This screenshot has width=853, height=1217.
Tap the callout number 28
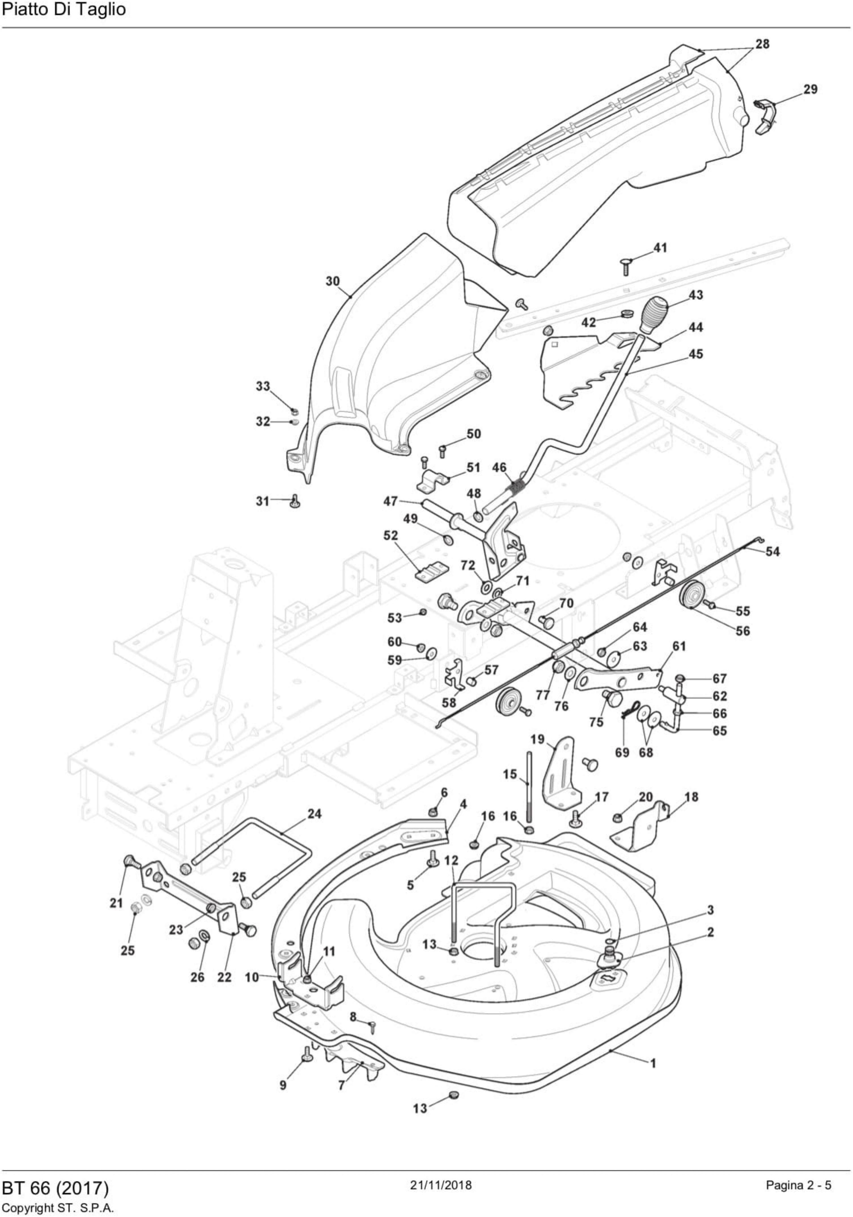click(x=762, y=44)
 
